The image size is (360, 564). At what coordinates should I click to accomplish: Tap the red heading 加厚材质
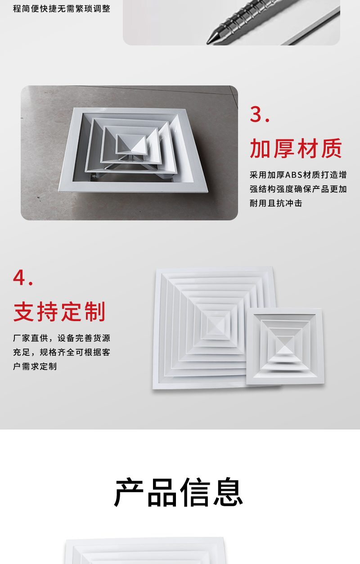(296, 149)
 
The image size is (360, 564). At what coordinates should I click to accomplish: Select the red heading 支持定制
(59, 312)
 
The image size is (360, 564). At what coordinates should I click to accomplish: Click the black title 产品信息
(179, 492)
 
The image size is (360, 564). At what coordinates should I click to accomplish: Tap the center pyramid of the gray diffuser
(130, 143)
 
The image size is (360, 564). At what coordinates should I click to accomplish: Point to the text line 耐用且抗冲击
(276, 203)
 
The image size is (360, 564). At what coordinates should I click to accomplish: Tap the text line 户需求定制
(35, 367)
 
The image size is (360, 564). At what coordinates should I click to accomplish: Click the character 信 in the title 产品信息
(195, 492)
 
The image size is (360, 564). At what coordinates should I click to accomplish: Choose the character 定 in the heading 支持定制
(72, 312)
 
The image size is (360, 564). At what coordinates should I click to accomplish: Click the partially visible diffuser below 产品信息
(145, 551)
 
